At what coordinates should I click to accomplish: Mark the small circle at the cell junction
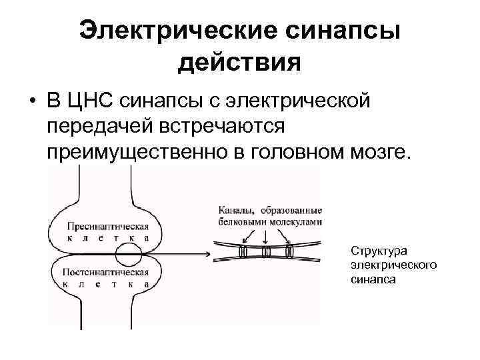(127, 253)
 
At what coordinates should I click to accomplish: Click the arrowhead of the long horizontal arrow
(208, 253)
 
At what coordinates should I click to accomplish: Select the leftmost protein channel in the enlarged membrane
(244, 253)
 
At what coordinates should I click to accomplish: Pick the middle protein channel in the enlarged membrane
(266, 253)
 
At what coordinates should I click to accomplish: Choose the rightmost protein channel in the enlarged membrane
(289, 253)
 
